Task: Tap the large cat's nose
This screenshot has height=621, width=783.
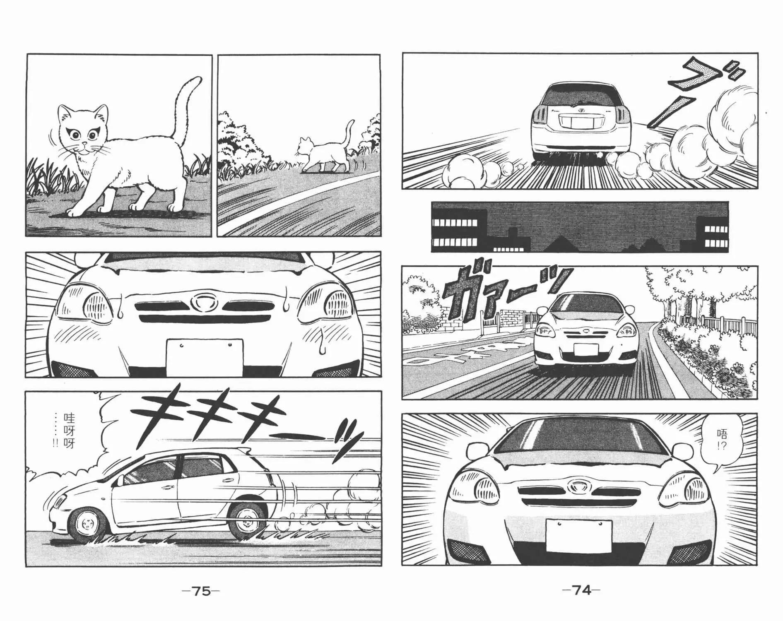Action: [x=85, y=144]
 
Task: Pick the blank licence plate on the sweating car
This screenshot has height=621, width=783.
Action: [x=205, y=357]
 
